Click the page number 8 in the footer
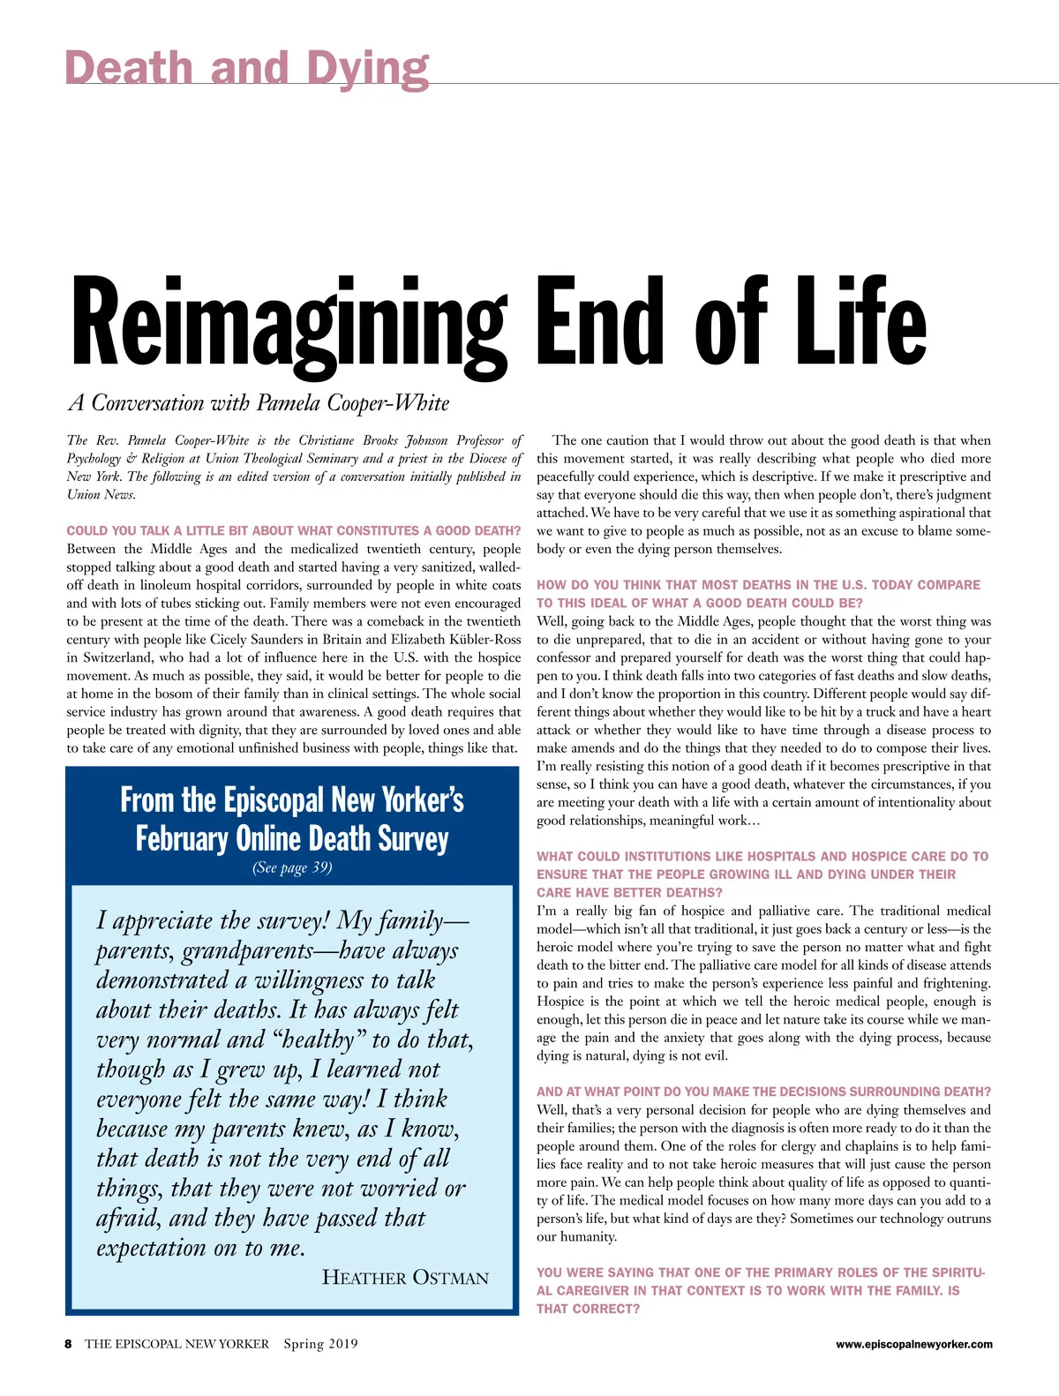coord(69,1344)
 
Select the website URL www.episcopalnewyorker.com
coord(913,1345)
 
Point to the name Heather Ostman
coord(405,1278)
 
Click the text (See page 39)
coord(292,867)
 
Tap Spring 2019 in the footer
coord(320,1344)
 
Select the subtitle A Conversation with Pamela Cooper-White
coord(259,403)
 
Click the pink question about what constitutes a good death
coord(293,530)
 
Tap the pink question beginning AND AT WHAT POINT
coord(763,1092)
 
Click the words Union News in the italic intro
coord(101,494)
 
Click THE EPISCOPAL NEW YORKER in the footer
coord(176,1344)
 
